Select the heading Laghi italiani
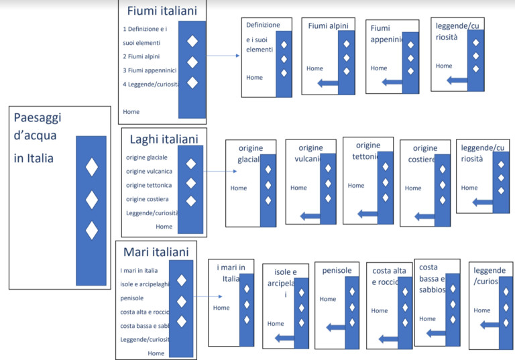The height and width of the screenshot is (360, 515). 164,139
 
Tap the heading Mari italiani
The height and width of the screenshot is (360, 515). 156,252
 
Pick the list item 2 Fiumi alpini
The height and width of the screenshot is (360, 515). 141,56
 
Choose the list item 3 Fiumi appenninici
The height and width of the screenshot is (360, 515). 149,70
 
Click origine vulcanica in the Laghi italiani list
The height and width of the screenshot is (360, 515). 149,171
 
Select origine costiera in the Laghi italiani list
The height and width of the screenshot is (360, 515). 147,199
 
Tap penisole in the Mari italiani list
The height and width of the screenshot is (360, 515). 132,298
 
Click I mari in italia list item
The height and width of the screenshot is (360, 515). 139,270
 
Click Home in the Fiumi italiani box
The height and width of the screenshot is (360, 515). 131,111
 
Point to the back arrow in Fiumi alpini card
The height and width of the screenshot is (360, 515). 328,82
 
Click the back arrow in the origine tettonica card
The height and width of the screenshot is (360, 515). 368,214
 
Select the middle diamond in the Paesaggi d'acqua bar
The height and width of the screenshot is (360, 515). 91,200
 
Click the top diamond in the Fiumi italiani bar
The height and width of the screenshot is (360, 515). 192,41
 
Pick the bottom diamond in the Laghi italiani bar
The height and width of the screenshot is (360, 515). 191,200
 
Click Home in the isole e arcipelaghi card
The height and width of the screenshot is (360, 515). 275,323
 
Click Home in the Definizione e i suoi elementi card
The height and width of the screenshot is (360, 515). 254,77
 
